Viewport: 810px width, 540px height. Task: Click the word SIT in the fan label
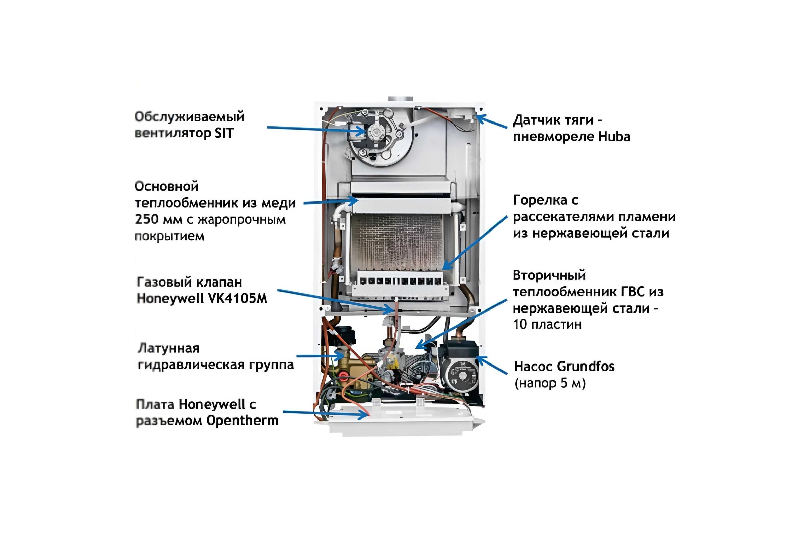coord(224,133)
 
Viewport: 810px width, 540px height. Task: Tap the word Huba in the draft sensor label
coord(614,137)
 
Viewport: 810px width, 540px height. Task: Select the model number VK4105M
coord(238,298)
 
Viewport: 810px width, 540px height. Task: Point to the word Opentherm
coord(242,421)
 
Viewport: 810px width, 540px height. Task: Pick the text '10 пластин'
coord(547,324)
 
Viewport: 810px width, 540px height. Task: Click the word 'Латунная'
coord(169,348)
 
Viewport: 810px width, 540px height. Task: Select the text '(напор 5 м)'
coord(550,383)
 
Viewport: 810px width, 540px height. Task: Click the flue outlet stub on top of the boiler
coord(401,99)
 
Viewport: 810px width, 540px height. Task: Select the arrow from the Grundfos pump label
coord(491,365)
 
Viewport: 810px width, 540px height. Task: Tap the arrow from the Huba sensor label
coord(491,121)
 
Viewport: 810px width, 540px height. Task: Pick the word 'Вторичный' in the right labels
coord(549,275)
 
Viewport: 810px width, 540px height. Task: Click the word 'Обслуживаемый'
coord(189,117)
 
